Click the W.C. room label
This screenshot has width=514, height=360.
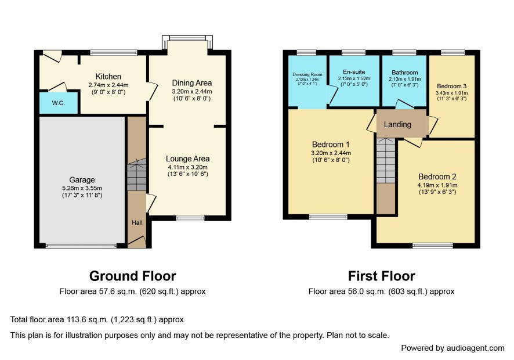pyautogui.click(x=59, y=103)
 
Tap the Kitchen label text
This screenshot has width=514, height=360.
pyautogui.click(x=108, y=77)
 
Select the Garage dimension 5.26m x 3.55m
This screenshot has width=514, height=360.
pyautogui.click(x=82, y=188)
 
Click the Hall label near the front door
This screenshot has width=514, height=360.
pyautogui.click(x=137, y=222)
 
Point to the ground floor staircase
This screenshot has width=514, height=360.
pyautogui.click(x=137, y=175)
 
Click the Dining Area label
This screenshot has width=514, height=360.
pyautogui.click(x=192, y=83)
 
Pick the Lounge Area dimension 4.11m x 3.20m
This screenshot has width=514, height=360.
pyautogui.click(x=188, y=167)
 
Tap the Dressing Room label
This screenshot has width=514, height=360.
pyautogui.click(x=307, y=74)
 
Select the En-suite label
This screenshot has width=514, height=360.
pyautogui.click(x=354, y=72)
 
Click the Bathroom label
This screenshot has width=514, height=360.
pyautogui.click(x=405, y=73)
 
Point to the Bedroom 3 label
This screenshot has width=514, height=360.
pyautogui.click(x=452, y=86)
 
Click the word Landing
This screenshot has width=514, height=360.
pyautogui.click(x=397, y=124)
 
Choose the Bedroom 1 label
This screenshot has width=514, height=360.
pyautogui.click(x=331, y=145)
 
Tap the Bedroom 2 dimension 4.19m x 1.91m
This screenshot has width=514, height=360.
pyautogui.click(x=437, y=185)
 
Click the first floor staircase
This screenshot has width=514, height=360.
pyautogui.click(x=386, y=160)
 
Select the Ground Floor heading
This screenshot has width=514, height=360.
pyautogui.click(x=133, y=276)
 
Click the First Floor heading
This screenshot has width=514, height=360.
pyautogui.click(x=382, y=276)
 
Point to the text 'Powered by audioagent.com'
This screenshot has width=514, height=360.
pyautogui.click(x=453, y=348)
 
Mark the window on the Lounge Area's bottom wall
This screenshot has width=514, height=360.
pyautogui.click(x=190, y=218)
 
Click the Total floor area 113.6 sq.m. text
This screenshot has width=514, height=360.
pyautogui.click(x=97, y=319)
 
